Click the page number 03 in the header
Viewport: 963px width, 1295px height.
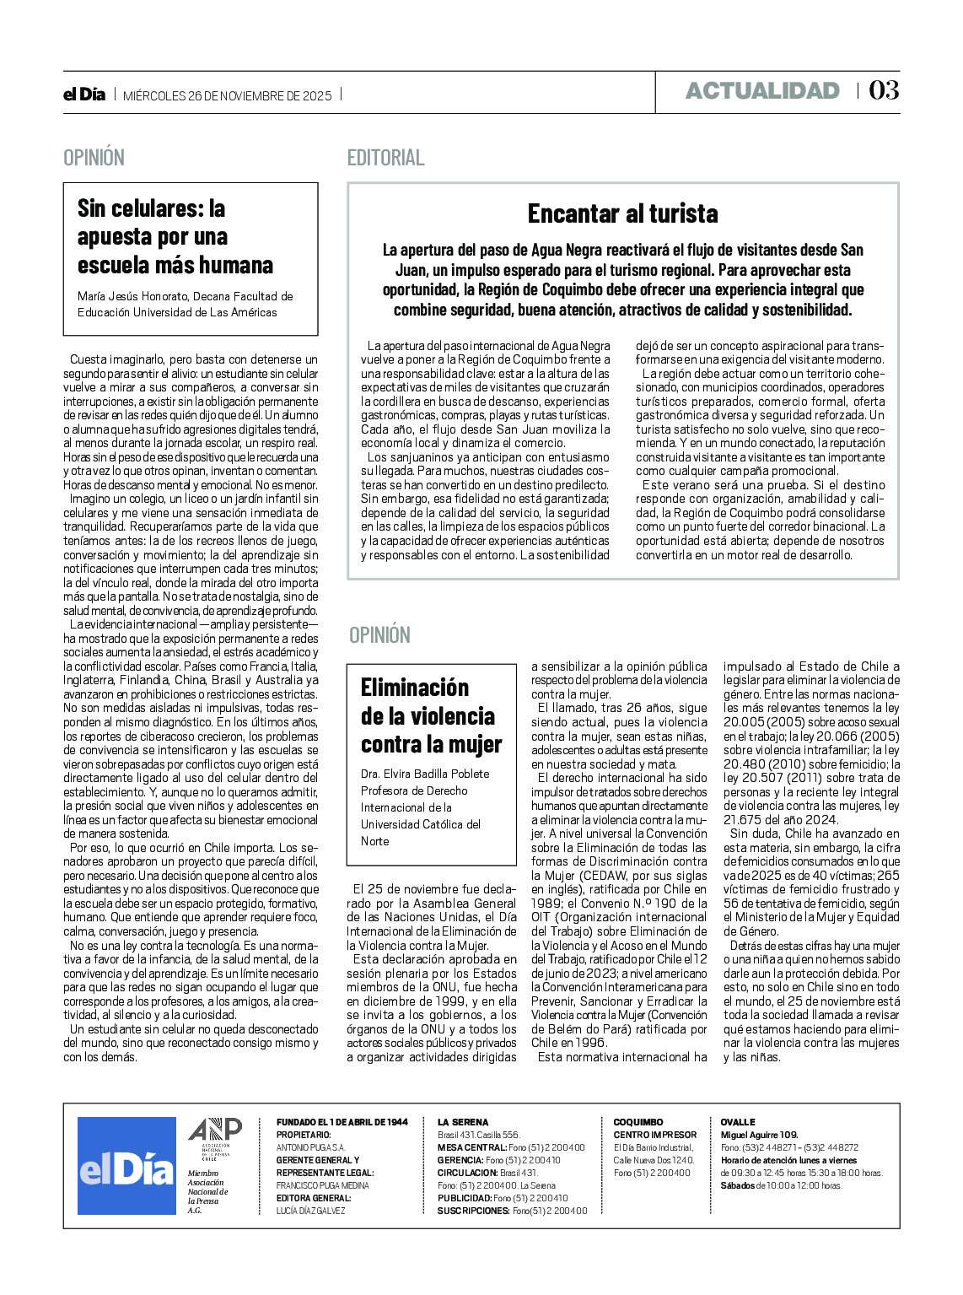[x=884, y=90]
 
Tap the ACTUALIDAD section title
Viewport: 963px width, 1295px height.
[x=762, y=91]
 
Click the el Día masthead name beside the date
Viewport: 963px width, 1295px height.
[x=84, y=94]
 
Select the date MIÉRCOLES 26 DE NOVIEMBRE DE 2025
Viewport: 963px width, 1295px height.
[x=228, y=95]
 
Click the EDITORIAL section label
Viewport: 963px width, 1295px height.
[x=385, y=158]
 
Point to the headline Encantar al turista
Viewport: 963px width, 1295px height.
[x=622, y=213]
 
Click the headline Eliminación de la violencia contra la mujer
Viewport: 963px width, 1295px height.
[x=431, y=715]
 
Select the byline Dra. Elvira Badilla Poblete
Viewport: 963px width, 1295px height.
[x=425, y=774]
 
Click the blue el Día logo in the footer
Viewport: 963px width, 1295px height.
[x=126, y=1166]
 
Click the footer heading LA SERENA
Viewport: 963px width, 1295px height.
[x=462, y=1122]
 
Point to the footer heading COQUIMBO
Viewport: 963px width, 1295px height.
[x=638, y=1122]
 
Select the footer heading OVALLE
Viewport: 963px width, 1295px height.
[x=738, y=1122]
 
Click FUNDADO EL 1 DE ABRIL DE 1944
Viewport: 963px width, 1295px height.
[x=342, y=1122]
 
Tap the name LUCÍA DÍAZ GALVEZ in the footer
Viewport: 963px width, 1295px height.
[x=310, y=1211]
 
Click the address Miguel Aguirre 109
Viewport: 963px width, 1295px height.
[x=759, y=1135]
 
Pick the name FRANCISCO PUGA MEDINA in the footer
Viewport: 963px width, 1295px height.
[x=322, y=1185]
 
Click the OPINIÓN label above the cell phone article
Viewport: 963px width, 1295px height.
[x=94, y=158]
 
